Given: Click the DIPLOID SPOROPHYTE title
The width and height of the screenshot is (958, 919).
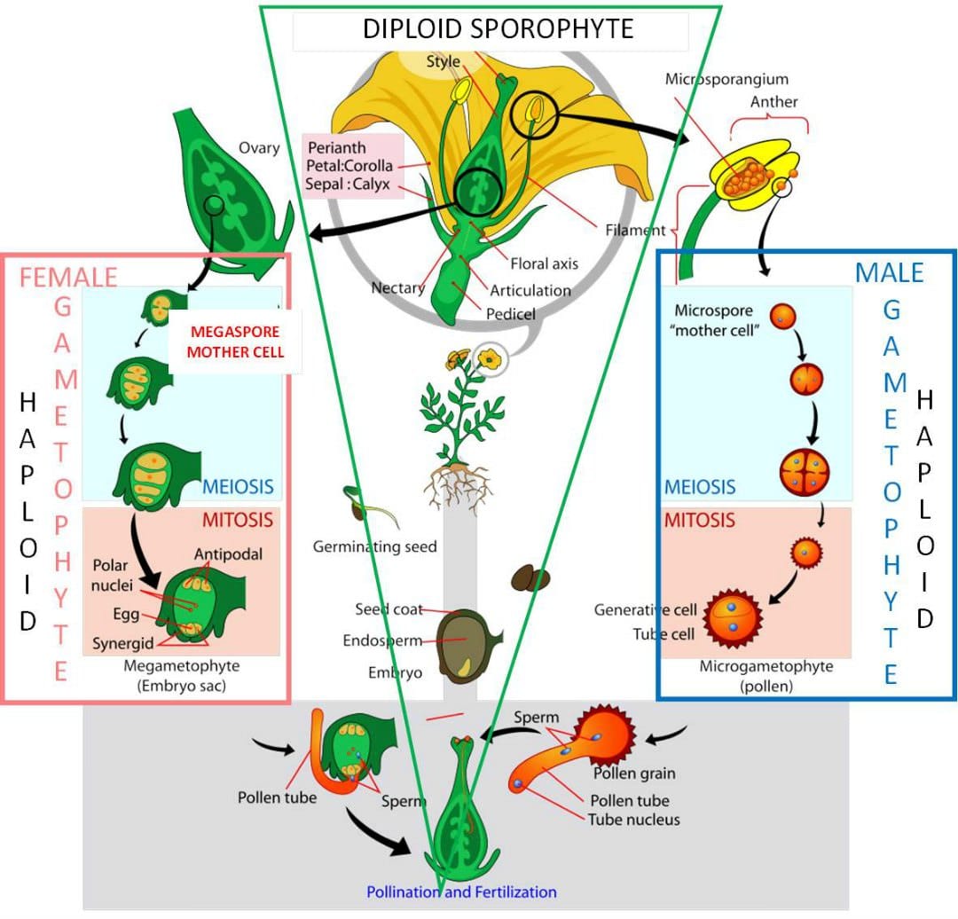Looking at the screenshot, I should (x=498, y=28).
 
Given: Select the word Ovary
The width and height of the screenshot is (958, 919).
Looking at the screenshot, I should (x=259, y=148).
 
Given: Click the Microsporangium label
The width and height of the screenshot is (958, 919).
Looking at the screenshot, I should (x=726, y=79).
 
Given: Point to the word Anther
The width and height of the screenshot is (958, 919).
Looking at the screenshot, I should (x=773, y=102).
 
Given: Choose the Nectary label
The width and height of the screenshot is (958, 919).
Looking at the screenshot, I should (x=397, y=288).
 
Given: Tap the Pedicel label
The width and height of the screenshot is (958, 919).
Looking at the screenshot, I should (x=511, y=313).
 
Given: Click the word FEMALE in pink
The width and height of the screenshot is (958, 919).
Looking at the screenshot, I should (x=68, y=277).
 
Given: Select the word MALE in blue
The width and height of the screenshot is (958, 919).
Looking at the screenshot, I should (x=889, y=272).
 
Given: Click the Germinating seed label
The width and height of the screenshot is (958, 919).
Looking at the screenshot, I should (x=374, y=546).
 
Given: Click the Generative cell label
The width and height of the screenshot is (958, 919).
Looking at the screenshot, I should (x=646, y=610).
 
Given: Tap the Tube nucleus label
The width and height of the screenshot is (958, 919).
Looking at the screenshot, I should (x=633, y=819).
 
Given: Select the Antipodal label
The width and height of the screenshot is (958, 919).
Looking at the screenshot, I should (x=229, y=554).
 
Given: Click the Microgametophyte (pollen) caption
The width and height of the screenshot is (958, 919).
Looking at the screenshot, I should (x=766, y=675).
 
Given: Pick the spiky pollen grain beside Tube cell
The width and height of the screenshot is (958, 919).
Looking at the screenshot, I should (x=734, y=619).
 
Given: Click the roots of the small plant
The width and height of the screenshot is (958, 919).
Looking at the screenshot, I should (x=457, y=486).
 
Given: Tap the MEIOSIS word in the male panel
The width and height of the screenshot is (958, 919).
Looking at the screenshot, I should (x=700, y=487).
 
